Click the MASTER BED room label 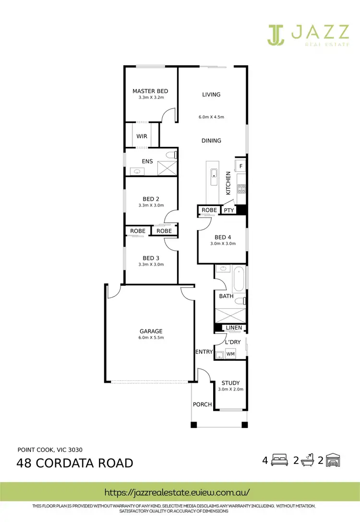(x=150, y=91)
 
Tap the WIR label (x=142, y=136)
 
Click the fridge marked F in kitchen (x=241, y=166)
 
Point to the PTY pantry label (x=229, y=210)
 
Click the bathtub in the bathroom (x=239, y=279)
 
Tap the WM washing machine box (x=230, y=354)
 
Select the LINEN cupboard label (x=234, y=328)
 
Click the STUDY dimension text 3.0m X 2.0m (x=230, y=389)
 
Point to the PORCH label (x=202, y=404)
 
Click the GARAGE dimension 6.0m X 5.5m (x=151, y=338)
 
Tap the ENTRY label (x=204, y=352)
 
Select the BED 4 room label (x=223, y=237)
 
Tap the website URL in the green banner (x=178, y=492)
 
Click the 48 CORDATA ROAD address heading (x=75, y=463)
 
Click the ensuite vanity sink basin (x=137, y=171)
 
